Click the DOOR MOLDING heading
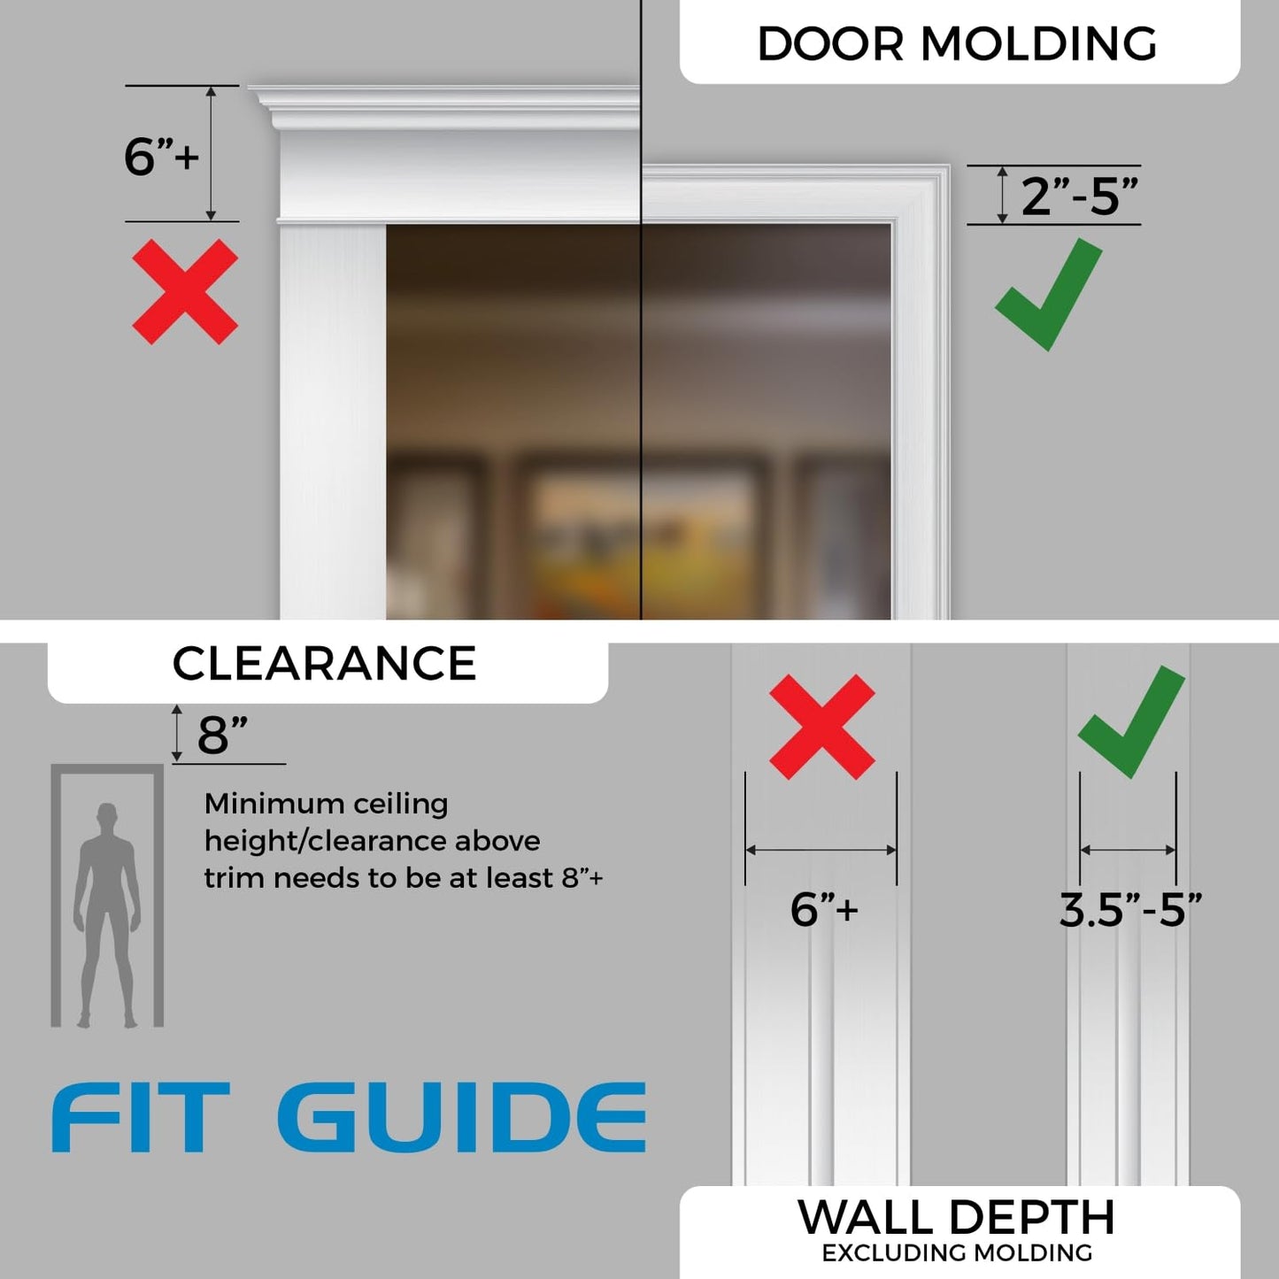[x=957, y=43]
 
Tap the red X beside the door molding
[x=185, y=291]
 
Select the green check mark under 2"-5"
[x=1049, y=295]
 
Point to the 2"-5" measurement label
[x=1079, y=196]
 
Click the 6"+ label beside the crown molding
[x=161, y=157]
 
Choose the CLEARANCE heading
[x=324, y=664]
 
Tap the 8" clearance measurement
[x=221, y=735]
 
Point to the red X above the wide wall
[x=821, y=727]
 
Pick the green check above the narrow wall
[x=1132, y=722]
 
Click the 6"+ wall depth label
[x=823, y=909]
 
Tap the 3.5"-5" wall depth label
[x=1130, y=910]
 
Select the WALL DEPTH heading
[x=956, y=1217]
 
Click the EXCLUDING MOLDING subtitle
[x=957, y=1252]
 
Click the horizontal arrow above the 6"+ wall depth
[x=821, y=850]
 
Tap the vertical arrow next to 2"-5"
[x=1002, y=195]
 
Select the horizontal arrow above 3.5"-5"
[x=1128, y=850]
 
